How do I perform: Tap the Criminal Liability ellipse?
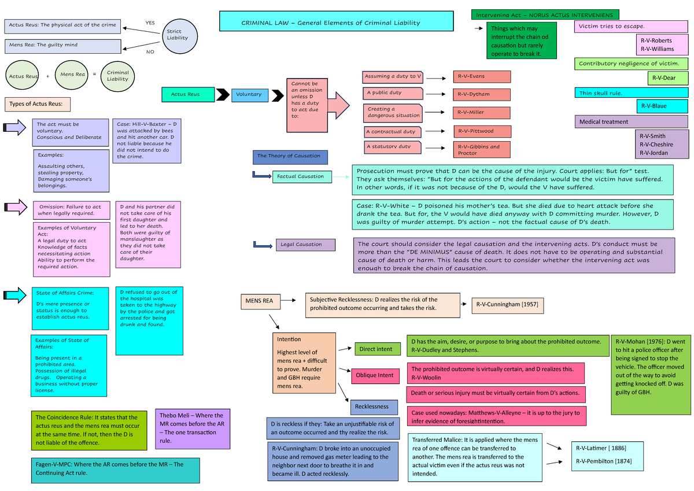118,76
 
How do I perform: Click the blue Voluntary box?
249,94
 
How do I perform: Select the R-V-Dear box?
668,77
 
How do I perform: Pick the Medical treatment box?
632,121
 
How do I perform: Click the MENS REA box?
260,301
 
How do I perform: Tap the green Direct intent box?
376,349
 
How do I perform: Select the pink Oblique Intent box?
375,375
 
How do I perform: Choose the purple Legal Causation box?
305,245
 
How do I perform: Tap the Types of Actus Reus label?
37,104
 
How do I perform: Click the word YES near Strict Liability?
150,23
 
